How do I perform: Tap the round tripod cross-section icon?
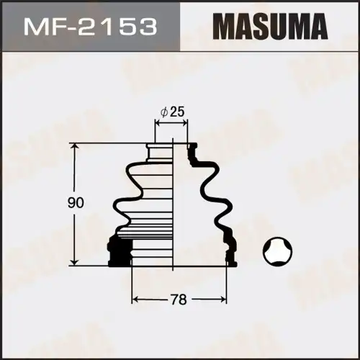[279, 253]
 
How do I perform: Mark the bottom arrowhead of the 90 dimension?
[75, 261]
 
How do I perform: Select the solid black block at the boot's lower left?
[117, 252]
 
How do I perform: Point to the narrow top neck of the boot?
[171, 148]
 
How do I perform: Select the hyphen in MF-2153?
[73, 28]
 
